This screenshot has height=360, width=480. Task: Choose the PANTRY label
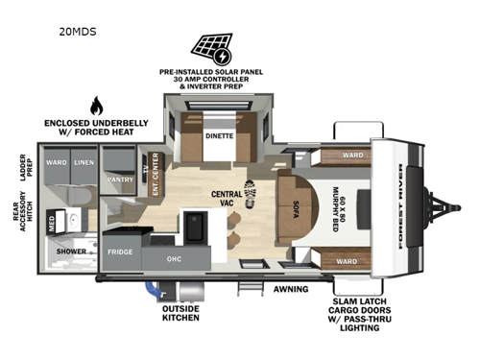tap(120, 179)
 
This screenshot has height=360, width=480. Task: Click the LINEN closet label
tap(84, 163)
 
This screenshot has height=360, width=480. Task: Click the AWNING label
tap(289, 288)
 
